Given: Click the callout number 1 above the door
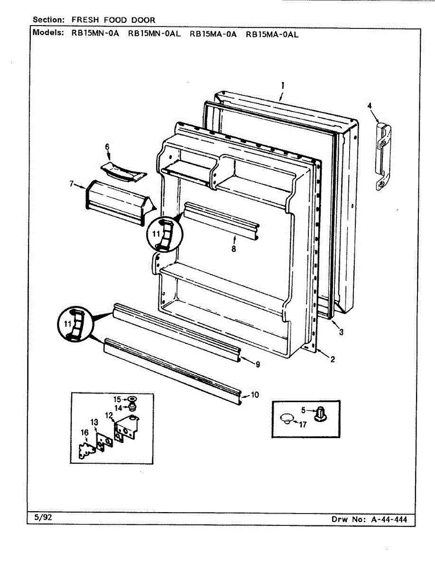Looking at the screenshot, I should tap(282, 86).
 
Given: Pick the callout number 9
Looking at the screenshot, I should tap(257, 365).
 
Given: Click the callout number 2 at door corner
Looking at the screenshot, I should tap(333, 359).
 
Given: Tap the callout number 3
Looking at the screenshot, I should tap(341, 332).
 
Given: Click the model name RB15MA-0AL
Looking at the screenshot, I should tap(272, 34).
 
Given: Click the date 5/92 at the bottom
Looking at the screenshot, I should tap(43, 517).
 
